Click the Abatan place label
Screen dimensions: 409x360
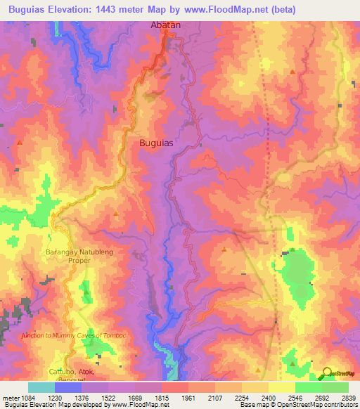click(x=166, y=25)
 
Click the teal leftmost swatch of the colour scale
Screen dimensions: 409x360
click(x=41, y=387)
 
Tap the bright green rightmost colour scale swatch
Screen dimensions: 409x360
click(x=335, y=387)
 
